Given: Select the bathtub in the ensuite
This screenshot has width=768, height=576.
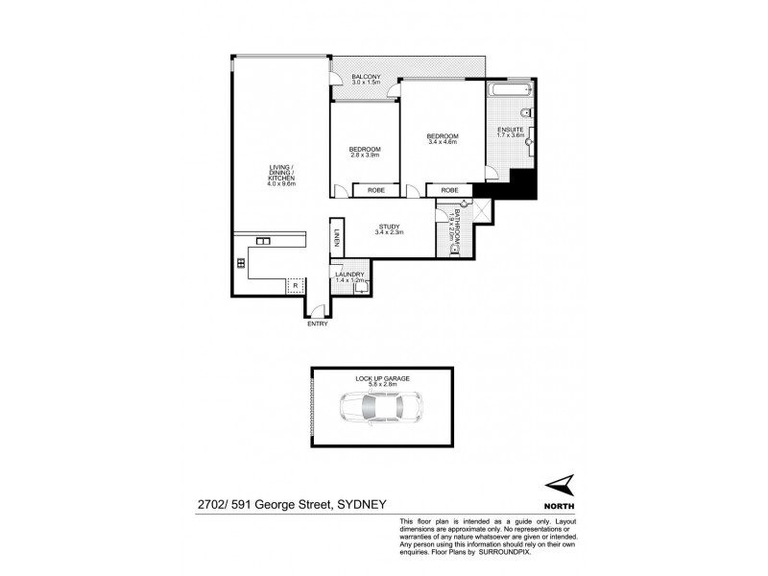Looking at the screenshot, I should pyautogui.click(x=505, y=92).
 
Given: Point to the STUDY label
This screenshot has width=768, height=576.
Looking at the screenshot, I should pyautogui.click(x=389, y=228).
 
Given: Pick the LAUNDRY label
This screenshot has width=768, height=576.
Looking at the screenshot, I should pyautogui.click(x=349, y=276).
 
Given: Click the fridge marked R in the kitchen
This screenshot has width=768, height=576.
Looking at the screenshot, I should pyautogui.click(x=295, y=285).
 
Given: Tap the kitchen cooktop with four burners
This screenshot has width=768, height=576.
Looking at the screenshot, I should pyautogui.click(x=241, y=262).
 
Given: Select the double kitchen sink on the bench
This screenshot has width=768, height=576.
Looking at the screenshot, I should pyautogui.click(x=263, y=240).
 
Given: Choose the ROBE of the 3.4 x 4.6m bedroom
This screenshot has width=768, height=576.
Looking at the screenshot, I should pyautogui.click(x=449, y=191).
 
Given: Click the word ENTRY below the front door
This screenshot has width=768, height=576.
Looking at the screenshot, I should pyautogui.click(x=317, y=324).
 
